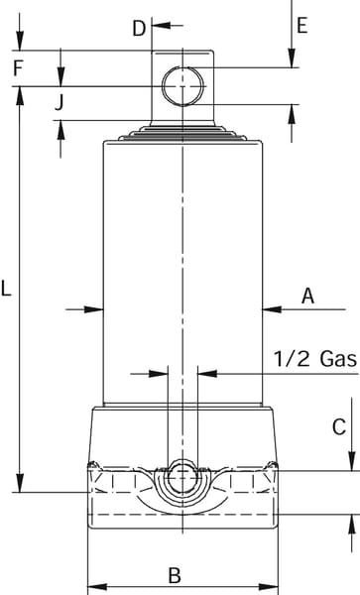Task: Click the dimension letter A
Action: point(308,296)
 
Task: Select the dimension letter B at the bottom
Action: point(175,575)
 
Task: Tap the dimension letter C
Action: point(339,426)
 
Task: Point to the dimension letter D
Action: point(139,29)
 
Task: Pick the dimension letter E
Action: point(301,26)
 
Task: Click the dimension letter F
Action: point(18,68)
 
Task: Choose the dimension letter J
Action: point(59,102)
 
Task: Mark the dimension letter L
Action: point(6,288)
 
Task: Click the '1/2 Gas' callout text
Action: point(315,359)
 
